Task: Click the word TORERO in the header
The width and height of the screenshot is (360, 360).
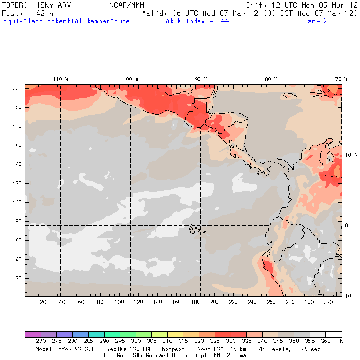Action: click(16, 4)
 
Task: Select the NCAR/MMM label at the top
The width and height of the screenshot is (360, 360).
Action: click(127, 4)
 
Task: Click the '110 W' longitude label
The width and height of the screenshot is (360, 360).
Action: click(60, 79)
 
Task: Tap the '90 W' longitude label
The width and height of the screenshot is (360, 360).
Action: click(201, 79)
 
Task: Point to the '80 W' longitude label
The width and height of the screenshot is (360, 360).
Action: click(271, 79)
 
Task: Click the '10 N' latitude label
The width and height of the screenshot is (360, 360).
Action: click(351, 155)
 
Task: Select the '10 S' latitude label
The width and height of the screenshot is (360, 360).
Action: click(351, 296)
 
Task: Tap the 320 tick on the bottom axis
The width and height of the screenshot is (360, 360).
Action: click(328, 302)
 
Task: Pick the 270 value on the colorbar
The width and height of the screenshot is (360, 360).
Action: click(40, 342)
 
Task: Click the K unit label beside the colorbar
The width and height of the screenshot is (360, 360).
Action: click(341, 342)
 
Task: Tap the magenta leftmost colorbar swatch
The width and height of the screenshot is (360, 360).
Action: click(33, 334)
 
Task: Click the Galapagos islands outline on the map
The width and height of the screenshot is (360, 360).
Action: click(195, 228)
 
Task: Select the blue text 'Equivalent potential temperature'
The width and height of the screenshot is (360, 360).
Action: click(67, 21)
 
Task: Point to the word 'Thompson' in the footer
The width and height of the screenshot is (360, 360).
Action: click(171, 349)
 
